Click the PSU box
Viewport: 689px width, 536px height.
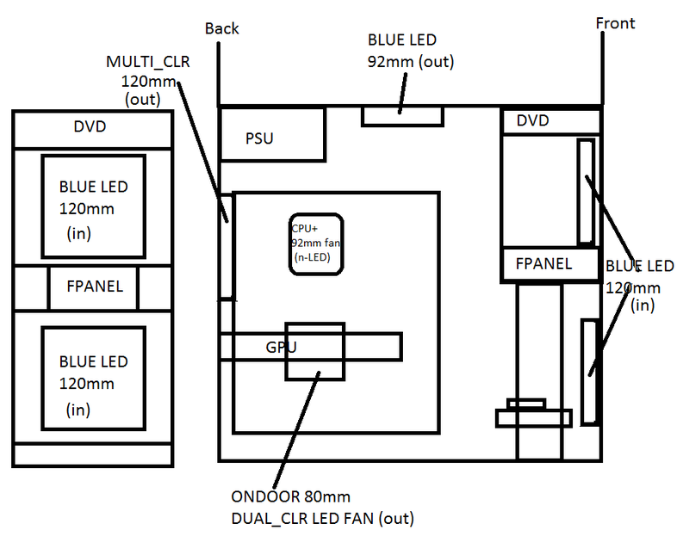[x=272, y=134]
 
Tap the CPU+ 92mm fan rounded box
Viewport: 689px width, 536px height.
[x=316, y=244]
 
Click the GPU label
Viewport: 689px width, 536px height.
[x=282, y=348]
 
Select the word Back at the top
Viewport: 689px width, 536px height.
[x=221, y=29]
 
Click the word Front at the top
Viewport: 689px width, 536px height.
[x=615, y=23]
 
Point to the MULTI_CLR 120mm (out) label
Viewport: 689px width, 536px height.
[x=148, y=81]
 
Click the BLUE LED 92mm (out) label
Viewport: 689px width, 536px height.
[x=411, y=51]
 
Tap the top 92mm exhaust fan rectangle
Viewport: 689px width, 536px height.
[x=402, y=117]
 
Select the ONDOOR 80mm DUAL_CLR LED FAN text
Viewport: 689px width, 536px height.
[x=322, y=508]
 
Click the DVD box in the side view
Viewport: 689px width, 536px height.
[x=551, y=120]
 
